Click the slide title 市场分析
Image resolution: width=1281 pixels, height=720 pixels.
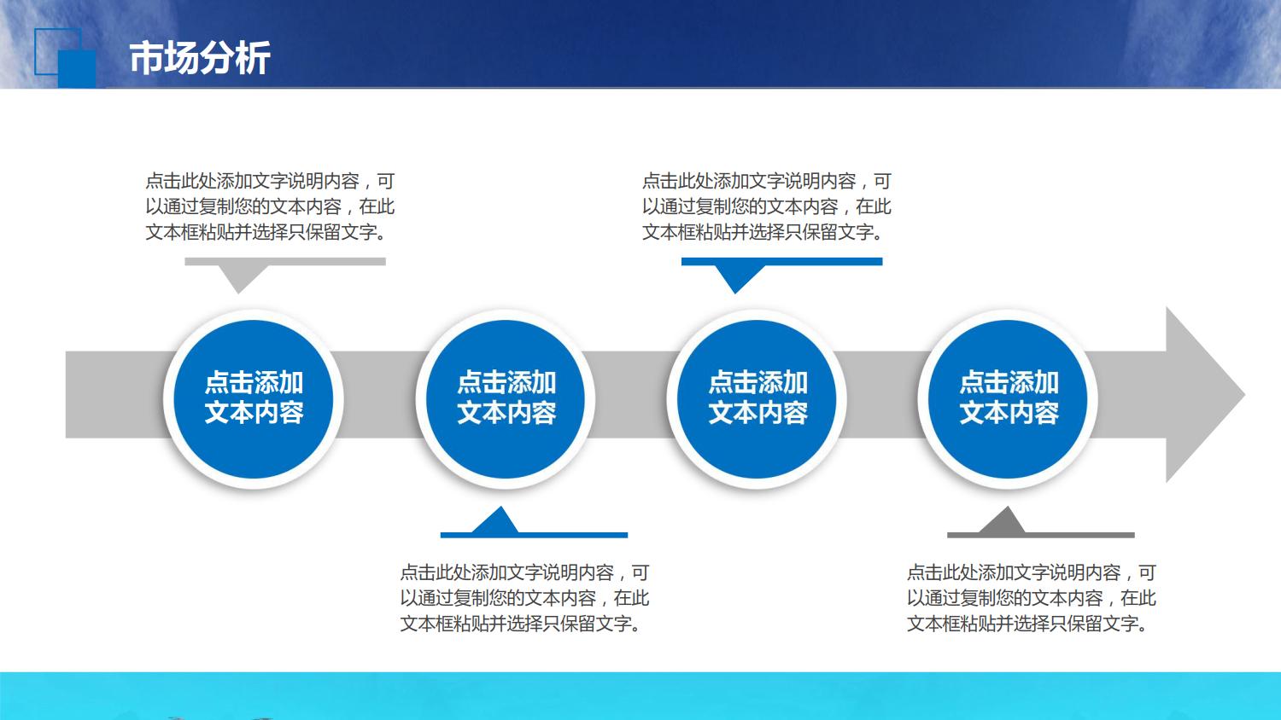click(x=200, y=58)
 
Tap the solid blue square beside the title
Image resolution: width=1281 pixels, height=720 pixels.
click(x=77, y=67)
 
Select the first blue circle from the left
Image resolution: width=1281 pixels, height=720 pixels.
click(x=254, y=398)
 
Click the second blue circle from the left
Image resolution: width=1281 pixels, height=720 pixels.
click(x=506, y=398)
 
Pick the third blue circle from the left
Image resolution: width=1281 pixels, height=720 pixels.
click(x=757, y=398)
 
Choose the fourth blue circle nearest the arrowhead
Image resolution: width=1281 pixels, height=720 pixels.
click(x=1009, y=398)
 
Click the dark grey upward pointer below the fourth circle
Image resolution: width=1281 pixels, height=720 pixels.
click(x=1003, y=521)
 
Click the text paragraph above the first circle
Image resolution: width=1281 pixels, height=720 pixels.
click(x=270, y=206)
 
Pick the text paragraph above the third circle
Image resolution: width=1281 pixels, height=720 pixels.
click(x=766, y=206)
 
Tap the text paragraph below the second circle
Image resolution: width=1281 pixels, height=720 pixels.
click(x=524, y=598)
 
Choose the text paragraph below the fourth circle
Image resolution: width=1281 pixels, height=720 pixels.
click(x=1031, y=598)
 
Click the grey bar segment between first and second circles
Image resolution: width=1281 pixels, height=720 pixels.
click(x=379, y=395)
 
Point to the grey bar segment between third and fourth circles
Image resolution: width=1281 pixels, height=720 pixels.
click(x=882, y=395)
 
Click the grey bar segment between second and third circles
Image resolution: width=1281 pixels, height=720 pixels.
click(x=630, y=395)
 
